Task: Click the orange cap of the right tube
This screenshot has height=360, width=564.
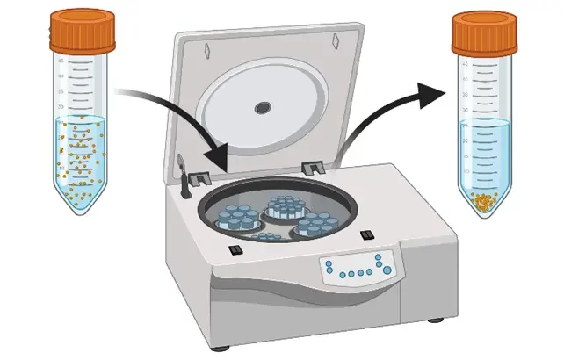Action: (484, 32)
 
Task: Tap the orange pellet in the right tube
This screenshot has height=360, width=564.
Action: (484, 203)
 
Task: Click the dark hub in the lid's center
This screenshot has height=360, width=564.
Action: (263, 108)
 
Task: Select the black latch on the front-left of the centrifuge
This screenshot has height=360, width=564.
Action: (235, 251)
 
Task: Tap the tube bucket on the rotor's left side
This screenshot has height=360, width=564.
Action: (235, 218)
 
